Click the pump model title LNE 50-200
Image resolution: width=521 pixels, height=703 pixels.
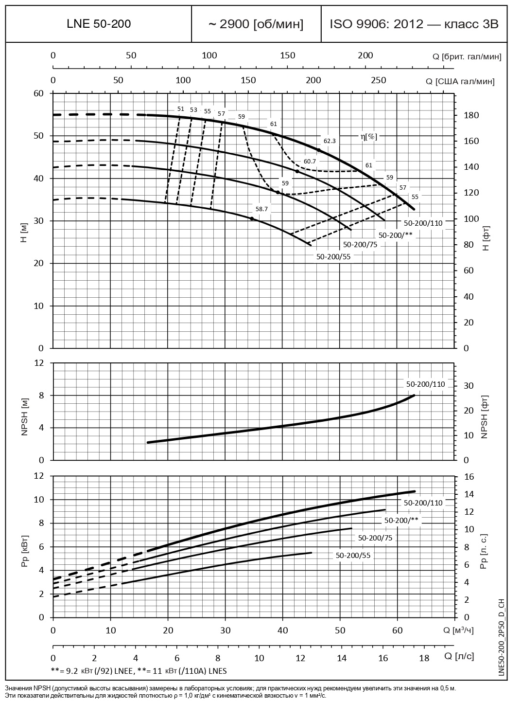98,24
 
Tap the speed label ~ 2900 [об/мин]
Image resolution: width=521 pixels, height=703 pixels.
256,24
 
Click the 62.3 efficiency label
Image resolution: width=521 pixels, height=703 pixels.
330,141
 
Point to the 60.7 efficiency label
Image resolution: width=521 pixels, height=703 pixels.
310,161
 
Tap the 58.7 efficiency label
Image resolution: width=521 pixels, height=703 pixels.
261,209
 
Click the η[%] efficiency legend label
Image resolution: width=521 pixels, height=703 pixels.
368,137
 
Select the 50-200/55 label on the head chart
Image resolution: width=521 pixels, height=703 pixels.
333,256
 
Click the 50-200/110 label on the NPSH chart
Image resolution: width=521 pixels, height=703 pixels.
425,384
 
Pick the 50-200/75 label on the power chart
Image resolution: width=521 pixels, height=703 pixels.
375,538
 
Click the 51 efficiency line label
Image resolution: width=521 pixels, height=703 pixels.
181,109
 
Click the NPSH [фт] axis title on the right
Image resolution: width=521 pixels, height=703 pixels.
484,417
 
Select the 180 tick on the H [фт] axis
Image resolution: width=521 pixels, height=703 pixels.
472,115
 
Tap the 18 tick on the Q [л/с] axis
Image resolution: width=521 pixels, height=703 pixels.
424,658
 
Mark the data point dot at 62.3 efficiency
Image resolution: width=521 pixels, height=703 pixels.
319,150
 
